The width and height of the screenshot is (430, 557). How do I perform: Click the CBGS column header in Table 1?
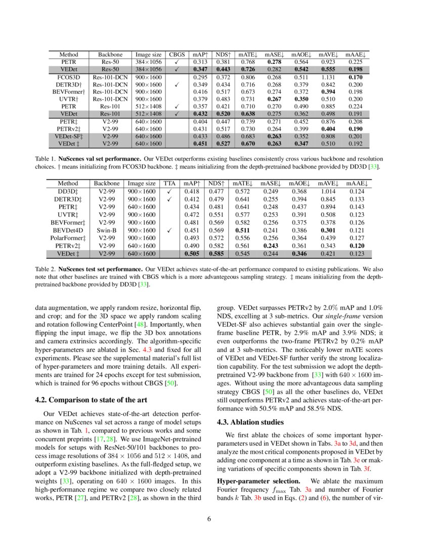[x=177, y=54]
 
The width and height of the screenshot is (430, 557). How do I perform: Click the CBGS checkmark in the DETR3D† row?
[x=177, y=85]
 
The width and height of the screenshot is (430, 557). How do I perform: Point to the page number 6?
[x=214, y=519]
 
